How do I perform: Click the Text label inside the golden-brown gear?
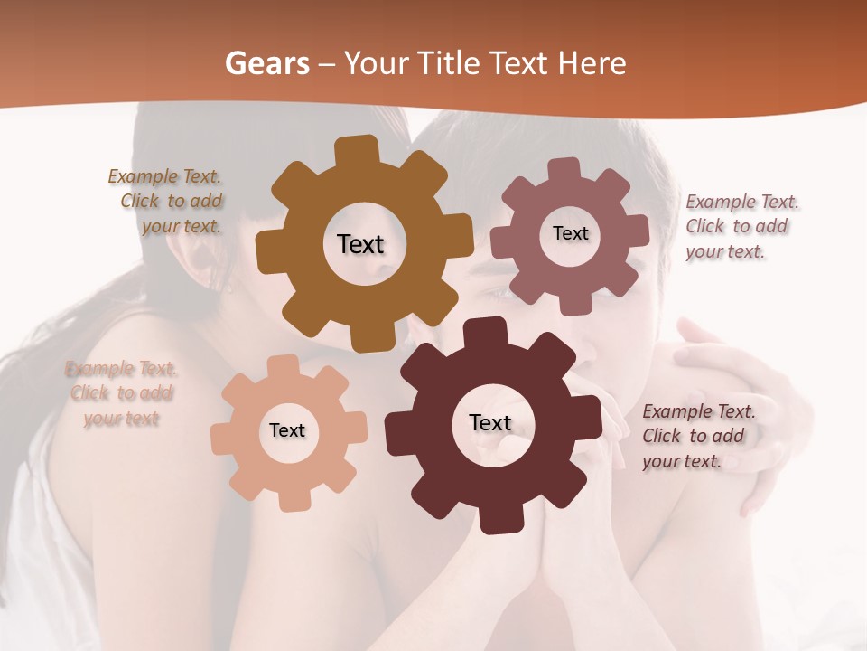tap(360, 244)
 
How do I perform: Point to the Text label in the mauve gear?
tap(570, 233)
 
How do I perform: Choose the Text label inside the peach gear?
tap(287, 430)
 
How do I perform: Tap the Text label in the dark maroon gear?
tap(490, 422)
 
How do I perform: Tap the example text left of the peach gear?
tap(121, 393)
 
